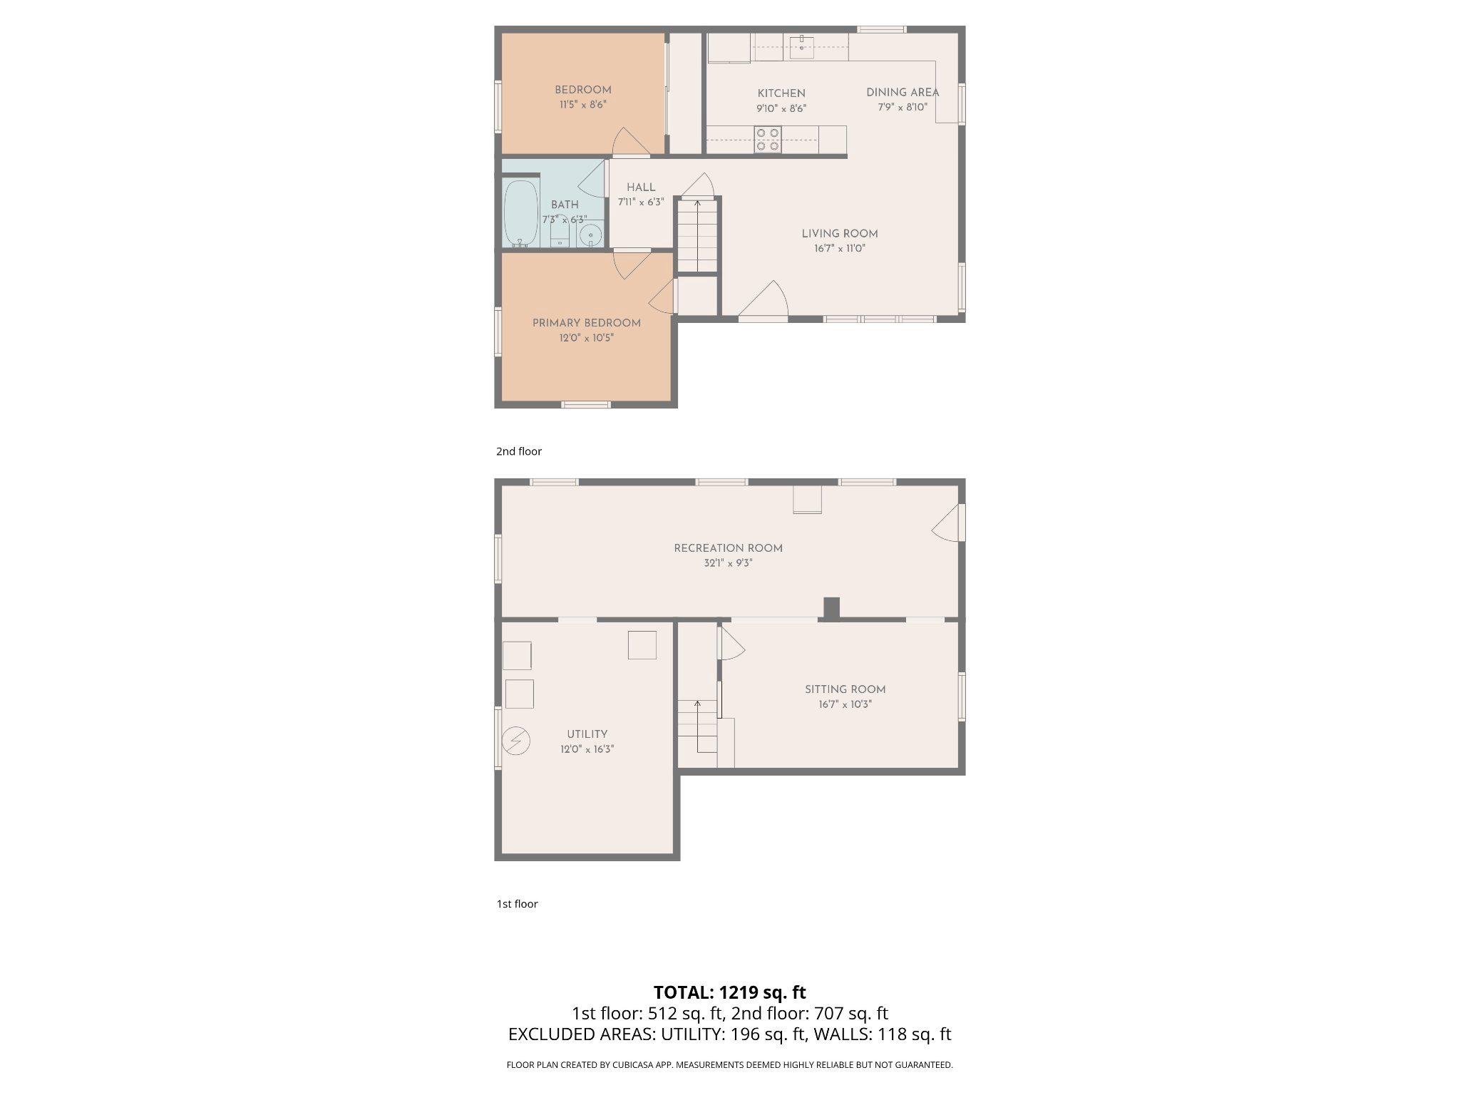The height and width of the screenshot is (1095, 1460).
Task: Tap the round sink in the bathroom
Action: tap(590, 235)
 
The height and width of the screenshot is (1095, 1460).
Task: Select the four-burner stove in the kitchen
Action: tap(768, 140)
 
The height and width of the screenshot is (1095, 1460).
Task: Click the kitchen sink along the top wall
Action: tap(801, 46)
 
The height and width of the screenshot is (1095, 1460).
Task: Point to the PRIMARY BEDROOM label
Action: tap(586, 323)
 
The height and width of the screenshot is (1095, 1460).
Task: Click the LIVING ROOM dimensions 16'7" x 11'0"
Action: tap(839, 249)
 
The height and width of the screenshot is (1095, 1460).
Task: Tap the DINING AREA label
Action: tap(902, 93)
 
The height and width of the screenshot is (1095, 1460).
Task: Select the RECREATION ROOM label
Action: tap(728, 548)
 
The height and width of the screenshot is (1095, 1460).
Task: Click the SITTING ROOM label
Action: tap(845, 689)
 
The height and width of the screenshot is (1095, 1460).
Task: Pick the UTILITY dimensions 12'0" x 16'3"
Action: tap(587, 749)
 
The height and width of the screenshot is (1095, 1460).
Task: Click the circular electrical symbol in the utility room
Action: tap(516, 741)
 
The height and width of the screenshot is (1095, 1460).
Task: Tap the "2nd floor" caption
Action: tap(519, 451)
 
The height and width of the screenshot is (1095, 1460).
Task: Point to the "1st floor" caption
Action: tap(517, 904)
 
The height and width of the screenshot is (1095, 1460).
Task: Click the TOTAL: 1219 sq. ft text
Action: tap(729, 992)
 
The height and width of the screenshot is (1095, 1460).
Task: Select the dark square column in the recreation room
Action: tap(831, 607)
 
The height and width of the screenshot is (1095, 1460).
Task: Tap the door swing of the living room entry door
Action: tap(766, 299)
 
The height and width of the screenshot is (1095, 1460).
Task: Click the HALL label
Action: tap(641, 187)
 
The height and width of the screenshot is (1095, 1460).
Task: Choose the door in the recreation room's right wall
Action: tap(948, 524)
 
